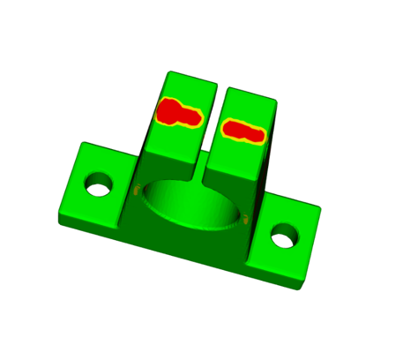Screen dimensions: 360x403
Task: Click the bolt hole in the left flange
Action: click(x=99, y=186)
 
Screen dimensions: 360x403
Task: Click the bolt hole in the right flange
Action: click(x=284, y=236)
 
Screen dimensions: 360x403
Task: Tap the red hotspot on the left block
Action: click(x=179, y=113)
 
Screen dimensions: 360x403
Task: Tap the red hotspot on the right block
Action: click(x=243, y=131)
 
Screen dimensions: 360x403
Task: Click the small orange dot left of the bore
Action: click(x=136, y=189)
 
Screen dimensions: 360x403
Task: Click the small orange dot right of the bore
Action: click(x=246, y=218)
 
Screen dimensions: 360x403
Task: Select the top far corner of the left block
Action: click(x=169, y=72)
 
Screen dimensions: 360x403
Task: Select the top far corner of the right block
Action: click(x=231, y=88)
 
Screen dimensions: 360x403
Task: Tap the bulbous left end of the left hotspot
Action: click(x=167, y=112)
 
